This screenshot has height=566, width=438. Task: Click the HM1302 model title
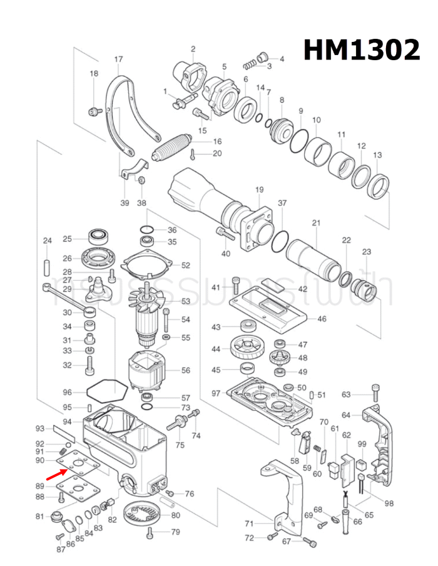tap(362, 49)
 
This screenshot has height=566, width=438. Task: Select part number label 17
tap(118, 60)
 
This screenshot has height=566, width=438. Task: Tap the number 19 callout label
tap(259, 190)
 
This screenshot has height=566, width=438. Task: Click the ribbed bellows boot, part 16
tap(175, 147)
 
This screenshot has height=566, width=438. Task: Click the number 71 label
tap(249, 523)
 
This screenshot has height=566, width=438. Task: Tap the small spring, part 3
tap(251, 63)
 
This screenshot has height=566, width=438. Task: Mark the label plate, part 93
tap(64, 432)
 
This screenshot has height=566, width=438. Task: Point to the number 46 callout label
tap(322, 319)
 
